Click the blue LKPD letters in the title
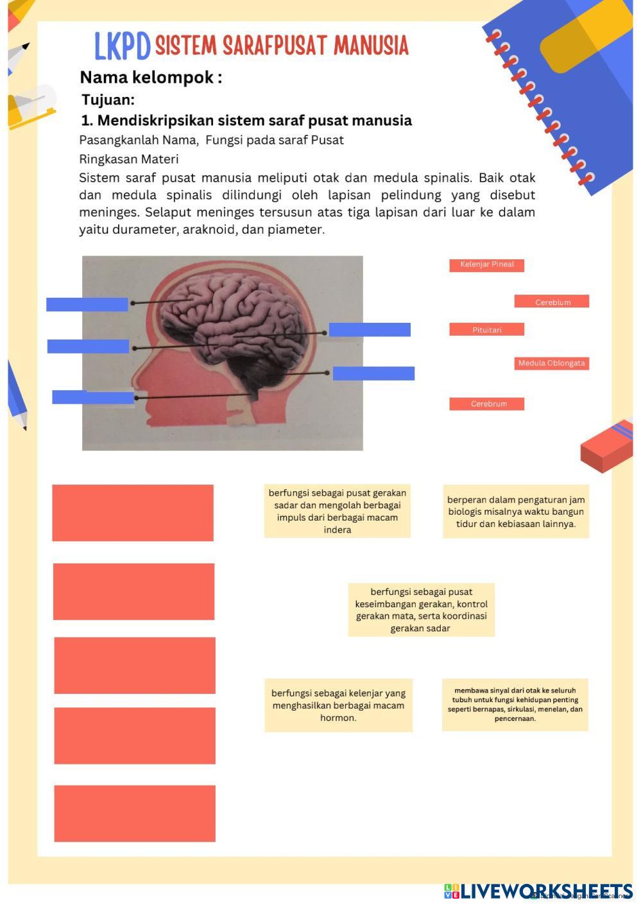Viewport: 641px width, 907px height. pos(122,46)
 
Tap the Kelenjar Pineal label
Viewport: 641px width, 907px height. pos(486,264)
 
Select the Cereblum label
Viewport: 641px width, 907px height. pos(552,302)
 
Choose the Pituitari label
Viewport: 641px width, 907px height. pos(486,329)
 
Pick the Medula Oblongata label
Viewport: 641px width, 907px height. pos(551,363)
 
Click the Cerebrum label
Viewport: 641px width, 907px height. pos(487,404)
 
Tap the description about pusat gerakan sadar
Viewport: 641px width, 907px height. pos(338,511)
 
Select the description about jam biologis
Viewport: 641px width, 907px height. pos(516,511)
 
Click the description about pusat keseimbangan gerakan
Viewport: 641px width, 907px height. pos(421,610)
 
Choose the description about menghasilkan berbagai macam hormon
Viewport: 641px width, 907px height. pos(338,705)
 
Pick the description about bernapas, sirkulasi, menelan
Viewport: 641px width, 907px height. pos(515,704)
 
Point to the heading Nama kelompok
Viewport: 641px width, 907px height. pos(151,78)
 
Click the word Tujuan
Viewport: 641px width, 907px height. pos(108,100)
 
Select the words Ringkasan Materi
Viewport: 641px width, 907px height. pos(129,159)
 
